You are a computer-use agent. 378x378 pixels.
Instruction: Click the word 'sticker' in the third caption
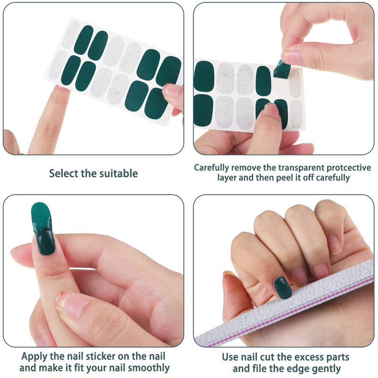pos(101,356)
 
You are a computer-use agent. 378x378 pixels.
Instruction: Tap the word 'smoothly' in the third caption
pos(149,368)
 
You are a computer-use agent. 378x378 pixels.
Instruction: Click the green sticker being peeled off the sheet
pos(282,69)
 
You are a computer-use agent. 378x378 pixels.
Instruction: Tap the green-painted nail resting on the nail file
pos(283,287)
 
